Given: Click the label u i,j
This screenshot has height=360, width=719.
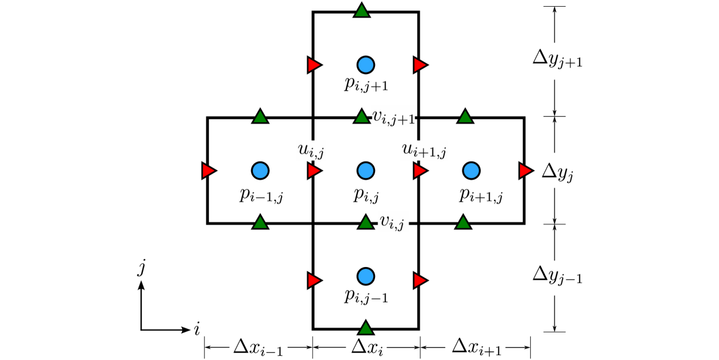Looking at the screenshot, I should pos(311,150).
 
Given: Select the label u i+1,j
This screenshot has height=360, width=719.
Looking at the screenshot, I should pos(424,150).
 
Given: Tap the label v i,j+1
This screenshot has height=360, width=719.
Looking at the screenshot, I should pos(393,116).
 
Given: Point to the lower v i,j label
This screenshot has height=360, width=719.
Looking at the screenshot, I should pos(393,221).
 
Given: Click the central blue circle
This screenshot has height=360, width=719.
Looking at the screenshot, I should pos(366,171).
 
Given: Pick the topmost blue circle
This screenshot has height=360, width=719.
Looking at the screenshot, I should pos(366,65).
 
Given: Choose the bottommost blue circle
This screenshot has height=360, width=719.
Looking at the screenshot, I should pos(366,276).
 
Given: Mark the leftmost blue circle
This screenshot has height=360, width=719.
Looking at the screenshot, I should pos(260,171).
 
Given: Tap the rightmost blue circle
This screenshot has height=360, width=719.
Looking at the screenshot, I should pos(471,171).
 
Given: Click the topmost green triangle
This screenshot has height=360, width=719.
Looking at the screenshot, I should pos(362,11).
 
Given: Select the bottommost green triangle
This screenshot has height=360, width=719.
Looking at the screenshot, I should pos(366,328).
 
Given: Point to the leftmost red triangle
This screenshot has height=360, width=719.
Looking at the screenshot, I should pos(208,171).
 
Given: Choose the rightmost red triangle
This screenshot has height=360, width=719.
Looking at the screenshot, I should pos(525,171).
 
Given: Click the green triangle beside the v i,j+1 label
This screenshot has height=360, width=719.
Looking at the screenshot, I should pos(362,117).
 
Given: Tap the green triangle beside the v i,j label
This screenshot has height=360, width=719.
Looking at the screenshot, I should pos(366,222).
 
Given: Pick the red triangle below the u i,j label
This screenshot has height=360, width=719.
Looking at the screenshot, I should pos(314,171).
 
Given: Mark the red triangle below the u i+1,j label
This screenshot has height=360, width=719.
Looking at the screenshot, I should pos(420,171).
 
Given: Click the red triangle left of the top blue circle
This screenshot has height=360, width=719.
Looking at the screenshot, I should pos(314,65).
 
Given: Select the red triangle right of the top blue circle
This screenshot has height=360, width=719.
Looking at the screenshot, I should pos(420,65).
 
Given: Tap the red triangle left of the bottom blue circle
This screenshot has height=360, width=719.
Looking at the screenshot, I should pos(314,281).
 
